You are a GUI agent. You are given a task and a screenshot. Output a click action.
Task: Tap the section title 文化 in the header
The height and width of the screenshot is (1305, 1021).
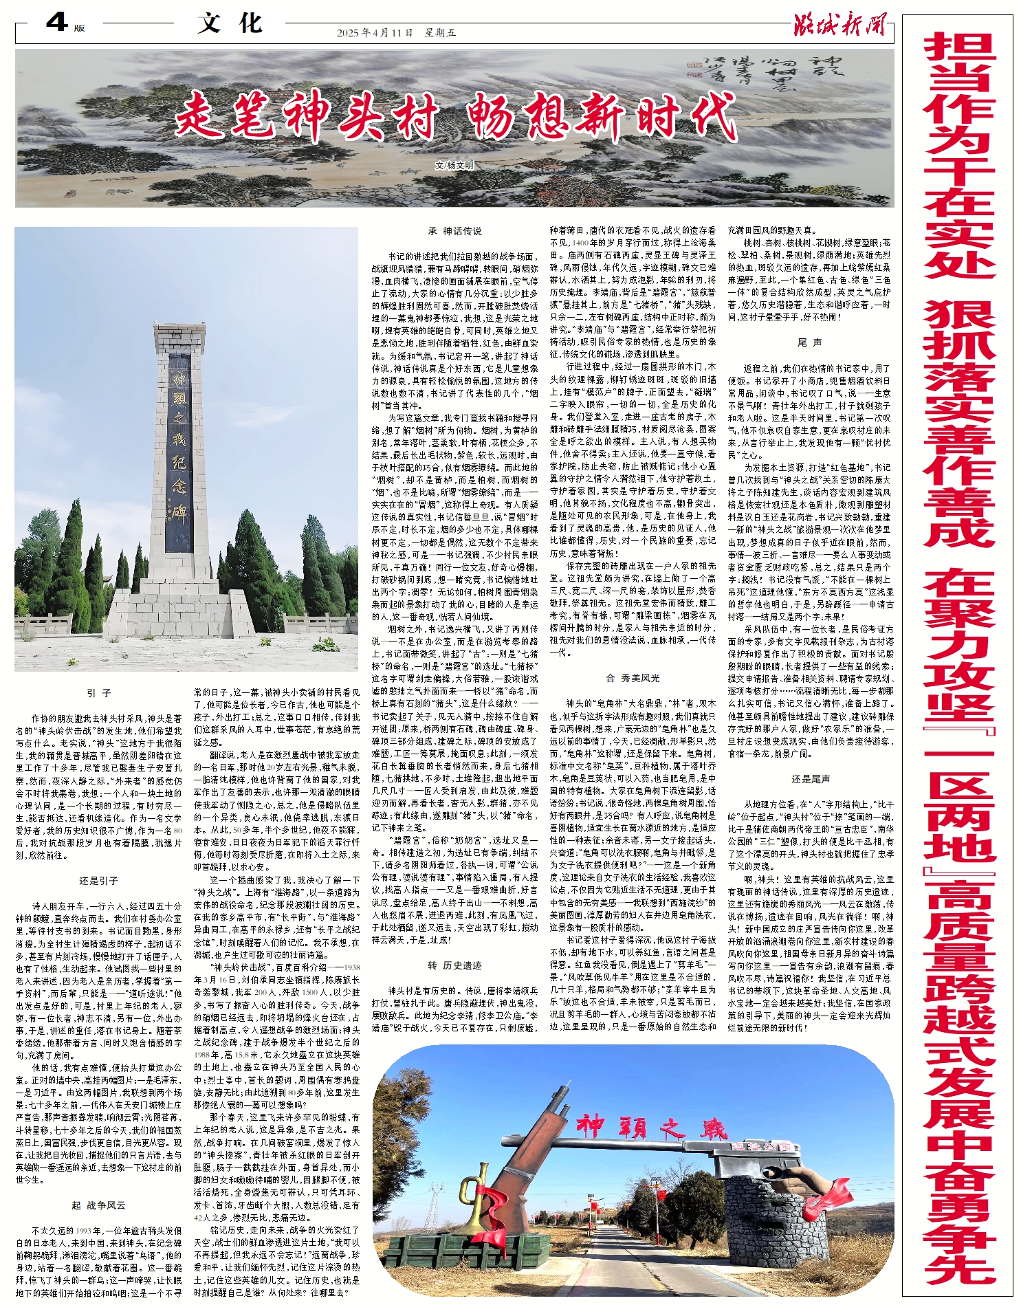[x=230, y=24]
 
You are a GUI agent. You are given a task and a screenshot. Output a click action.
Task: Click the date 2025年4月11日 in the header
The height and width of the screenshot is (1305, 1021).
[x=375, y=32]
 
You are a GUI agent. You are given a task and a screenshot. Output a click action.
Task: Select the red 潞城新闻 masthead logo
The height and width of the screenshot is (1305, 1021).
[x=839, y=25]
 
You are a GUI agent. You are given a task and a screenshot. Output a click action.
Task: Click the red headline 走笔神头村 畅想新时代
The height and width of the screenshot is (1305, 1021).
[x=455, y=117]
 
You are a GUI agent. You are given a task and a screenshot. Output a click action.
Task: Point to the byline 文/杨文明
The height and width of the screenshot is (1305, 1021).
[x=454, y=166]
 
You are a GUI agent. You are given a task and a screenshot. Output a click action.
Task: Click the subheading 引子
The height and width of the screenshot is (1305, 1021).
[x=99, y=693]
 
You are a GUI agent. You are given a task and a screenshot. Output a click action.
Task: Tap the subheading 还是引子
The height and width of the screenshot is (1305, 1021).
[x=99, y=880]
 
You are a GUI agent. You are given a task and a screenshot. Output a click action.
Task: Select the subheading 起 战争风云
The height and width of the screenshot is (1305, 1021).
[x=99, y=1205]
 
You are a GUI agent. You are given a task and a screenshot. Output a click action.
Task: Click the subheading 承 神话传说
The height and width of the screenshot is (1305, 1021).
[x=454, y=231]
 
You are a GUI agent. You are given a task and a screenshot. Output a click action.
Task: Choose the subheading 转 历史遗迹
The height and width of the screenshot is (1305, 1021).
[x=454, y=965]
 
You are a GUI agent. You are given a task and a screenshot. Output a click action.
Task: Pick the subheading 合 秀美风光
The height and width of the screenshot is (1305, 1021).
[x=633, y=677]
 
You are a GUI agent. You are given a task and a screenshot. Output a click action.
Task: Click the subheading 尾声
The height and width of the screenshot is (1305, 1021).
[x=810, y=342]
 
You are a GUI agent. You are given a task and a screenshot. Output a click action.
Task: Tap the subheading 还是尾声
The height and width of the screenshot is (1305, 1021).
[x=810, y=779]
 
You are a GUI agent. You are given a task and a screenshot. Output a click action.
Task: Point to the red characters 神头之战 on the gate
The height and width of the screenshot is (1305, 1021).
[x=650, y=1128]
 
